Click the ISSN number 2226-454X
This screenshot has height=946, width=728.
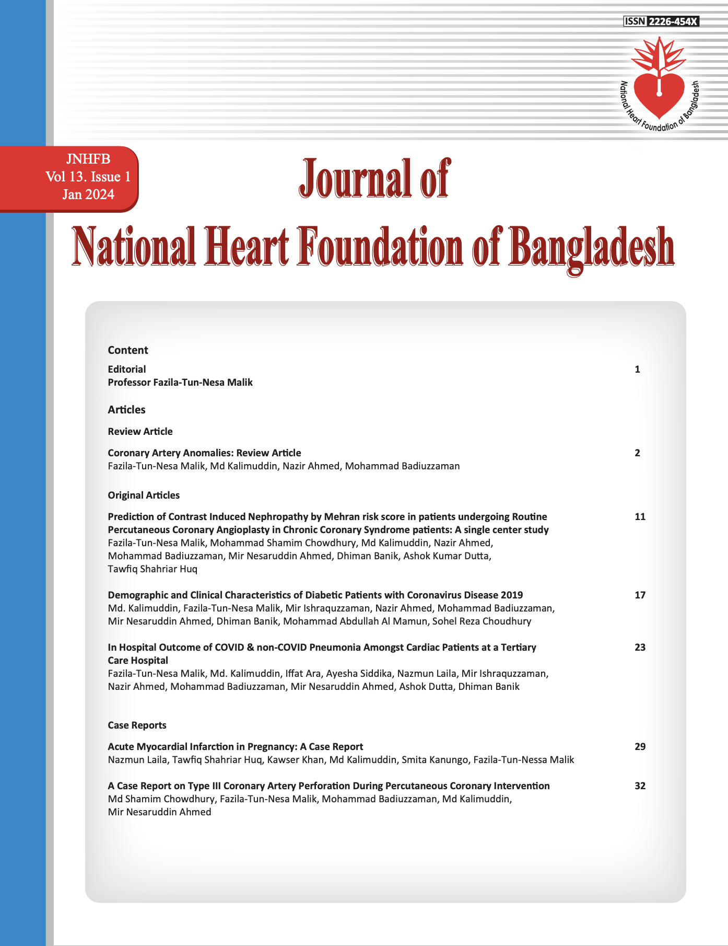coord(673,21)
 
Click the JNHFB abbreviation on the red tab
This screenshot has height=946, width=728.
coord(88,159)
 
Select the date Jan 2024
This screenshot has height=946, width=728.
coord(88,194)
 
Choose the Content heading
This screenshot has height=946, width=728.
coord(128,350)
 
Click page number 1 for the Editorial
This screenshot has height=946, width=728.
coord(637,370)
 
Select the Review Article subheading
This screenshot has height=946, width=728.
coord(140,431)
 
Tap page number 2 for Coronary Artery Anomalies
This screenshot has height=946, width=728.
coord(637,453)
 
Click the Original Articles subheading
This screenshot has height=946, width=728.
coord(144,495)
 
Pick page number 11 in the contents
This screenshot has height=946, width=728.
coord(640,517)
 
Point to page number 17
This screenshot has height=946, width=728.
coord(640,595)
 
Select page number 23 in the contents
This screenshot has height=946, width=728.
coord(640,648)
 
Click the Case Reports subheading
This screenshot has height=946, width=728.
coord(137,725)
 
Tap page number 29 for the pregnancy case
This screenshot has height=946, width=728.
coord(640,747)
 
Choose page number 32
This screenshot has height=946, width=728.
coord(640,786)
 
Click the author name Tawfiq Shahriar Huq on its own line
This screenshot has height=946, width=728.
coord(152,569)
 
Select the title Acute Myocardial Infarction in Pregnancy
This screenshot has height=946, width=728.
coord(235,747)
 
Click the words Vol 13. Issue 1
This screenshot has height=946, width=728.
coord(88,177)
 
